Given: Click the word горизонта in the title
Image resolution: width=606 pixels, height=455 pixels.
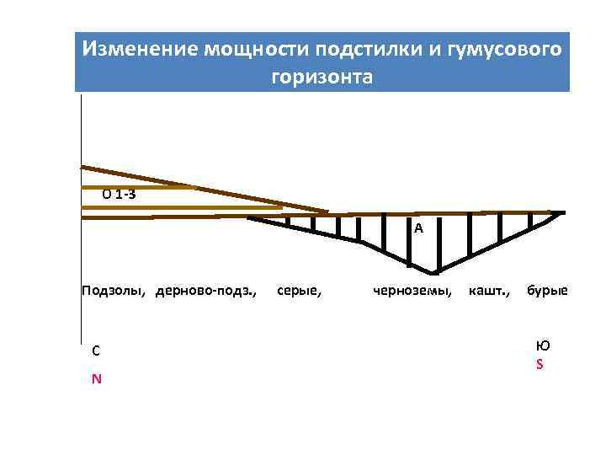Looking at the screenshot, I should point(321,77).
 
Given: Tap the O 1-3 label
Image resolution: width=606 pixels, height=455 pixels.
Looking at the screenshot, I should point(120,195).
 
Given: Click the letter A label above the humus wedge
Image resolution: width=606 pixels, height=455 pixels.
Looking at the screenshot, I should point(418,228).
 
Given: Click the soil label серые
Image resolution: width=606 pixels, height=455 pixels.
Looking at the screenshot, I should point(300,292).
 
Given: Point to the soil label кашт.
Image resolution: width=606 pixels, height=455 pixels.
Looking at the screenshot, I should point(488,292).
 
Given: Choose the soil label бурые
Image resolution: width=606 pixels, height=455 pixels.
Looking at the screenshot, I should point(547,292).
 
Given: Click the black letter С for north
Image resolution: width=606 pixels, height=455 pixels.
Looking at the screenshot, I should point(96,351).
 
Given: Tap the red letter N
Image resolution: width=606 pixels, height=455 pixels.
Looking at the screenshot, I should point(97,378).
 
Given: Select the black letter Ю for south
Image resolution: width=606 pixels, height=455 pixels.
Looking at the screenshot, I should point(543,345).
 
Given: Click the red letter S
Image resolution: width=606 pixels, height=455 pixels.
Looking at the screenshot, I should point(540,365).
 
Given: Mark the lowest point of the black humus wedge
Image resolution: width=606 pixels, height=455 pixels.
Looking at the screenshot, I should point(433,274).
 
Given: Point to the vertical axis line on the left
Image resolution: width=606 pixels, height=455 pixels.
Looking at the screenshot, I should point(81,253).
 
